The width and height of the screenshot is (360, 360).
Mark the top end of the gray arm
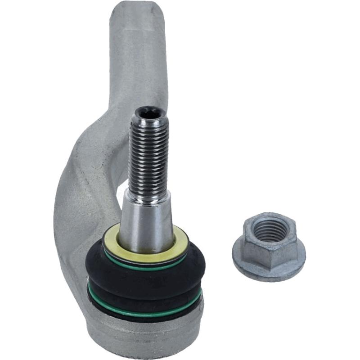click(x=135, y=13)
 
